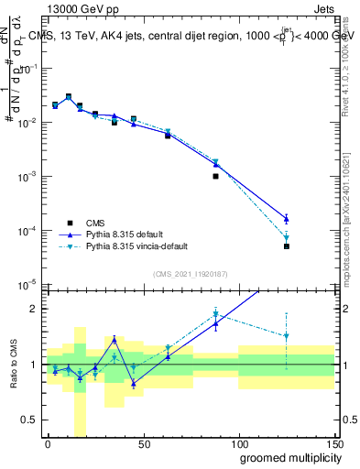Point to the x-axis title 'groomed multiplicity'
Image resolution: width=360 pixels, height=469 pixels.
287,457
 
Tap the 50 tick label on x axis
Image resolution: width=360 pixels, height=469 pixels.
143,443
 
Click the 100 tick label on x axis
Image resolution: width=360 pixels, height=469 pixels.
238,443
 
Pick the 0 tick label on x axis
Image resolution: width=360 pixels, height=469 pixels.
48,443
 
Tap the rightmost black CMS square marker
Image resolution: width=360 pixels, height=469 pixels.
287,246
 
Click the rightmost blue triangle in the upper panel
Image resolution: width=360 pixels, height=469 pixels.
287,218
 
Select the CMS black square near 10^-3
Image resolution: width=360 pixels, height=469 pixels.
215,176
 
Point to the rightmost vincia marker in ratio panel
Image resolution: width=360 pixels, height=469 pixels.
287,336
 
